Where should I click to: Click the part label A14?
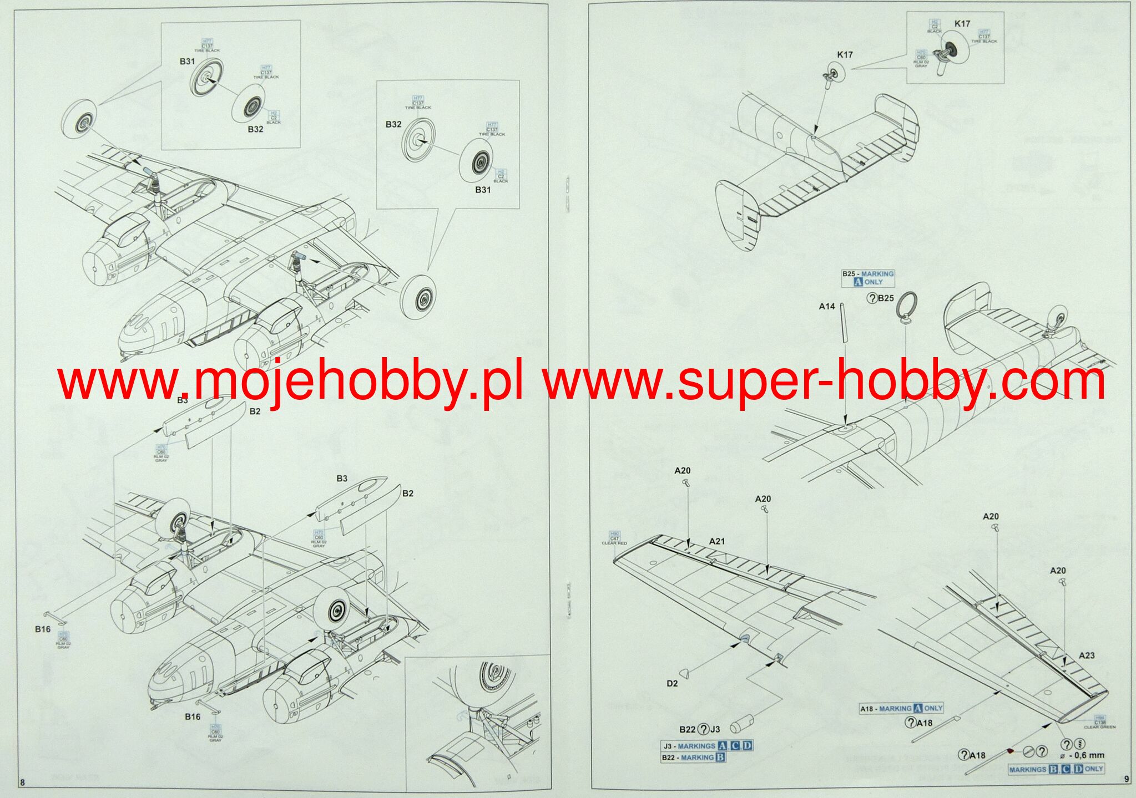click(x=826, y=306)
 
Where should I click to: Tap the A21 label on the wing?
click(x=716, y=541)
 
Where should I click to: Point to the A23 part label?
click(x=1086, y=655)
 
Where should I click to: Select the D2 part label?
click(x=672, y=683)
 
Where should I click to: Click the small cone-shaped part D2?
click(x=686, y=673)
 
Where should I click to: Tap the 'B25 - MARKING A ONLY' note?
click(x=867, y=278)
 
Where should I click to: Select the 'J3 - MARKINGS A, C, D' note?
click(x=707, y=746)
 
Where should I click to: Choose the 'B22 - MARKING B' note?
click(x=693, y=758)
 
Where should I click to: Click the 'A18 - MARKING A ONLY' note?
click(x=901, y=708)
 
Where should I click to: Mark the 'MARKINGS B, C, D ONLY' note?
click(x=1056, y=769)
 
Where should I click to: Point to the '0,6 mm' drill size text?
click(x=1085, y=755)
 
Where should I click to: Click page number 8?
click(x=22, y=782)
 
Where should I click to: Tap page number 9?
click(x=1126, y=779)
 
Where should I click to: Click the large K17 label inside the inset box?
click(x=962, y=24)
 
